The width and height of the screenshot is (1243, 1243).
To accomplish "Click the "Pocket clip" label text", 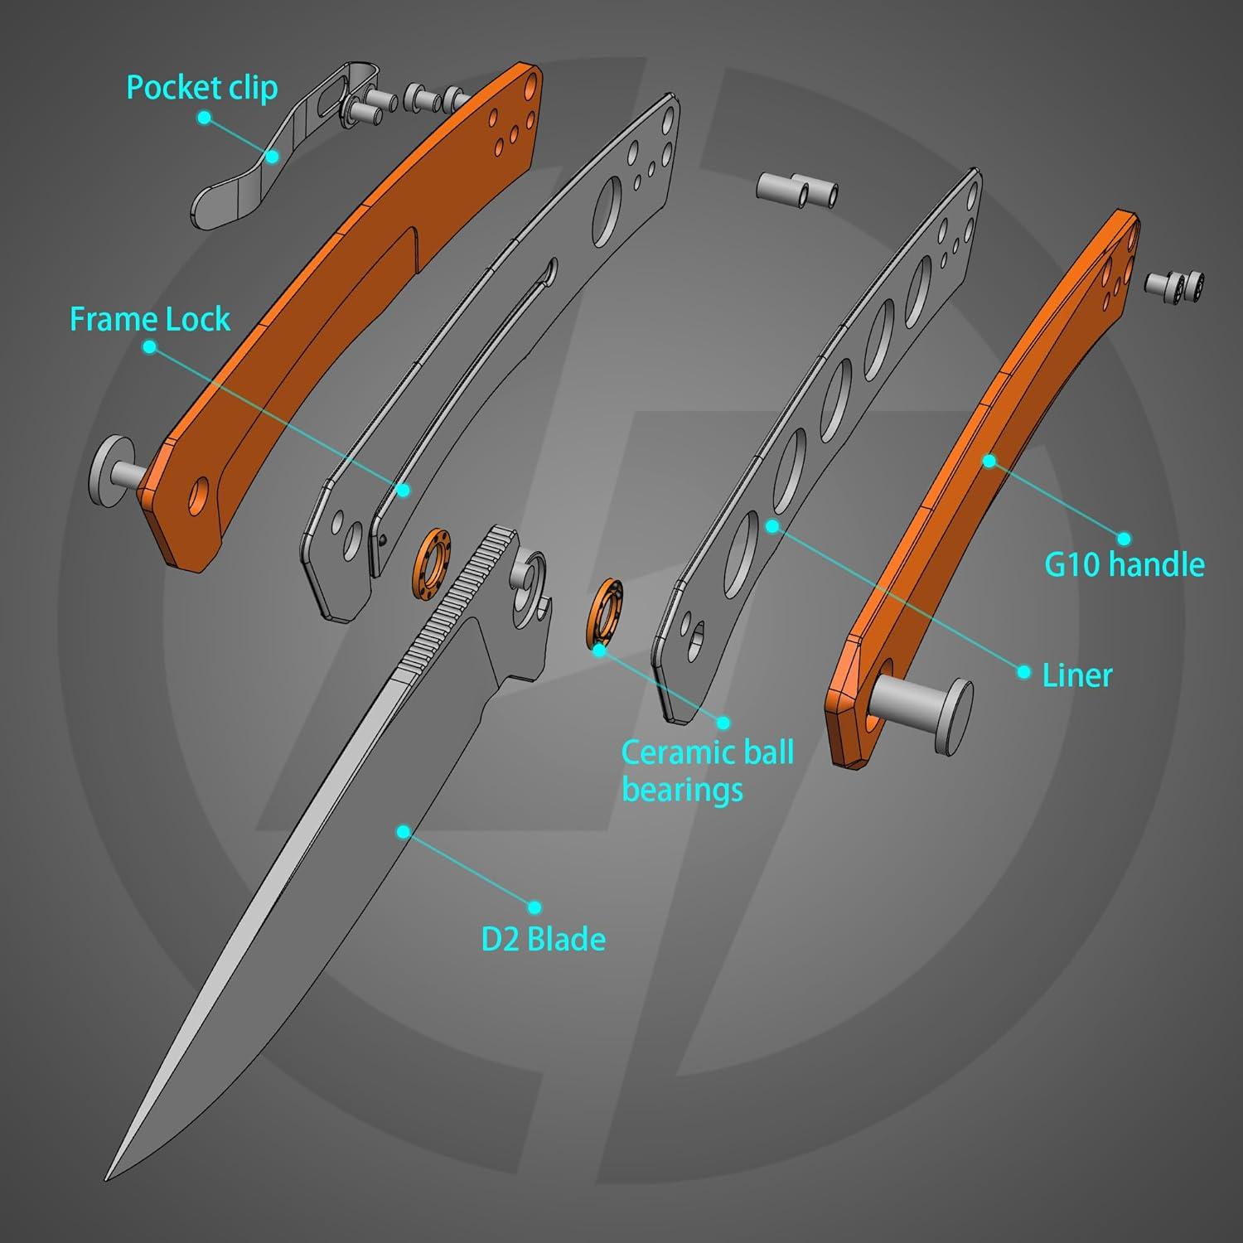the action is pyautogui.click(x=201, y=88).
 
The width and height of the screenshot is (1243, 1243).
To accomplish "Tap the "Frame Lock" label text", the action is pyautogui.click(x=150, y=319).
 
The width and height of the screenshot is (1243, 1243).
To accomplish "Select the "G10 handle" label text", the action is pyautogui.click(x=1124, y=564).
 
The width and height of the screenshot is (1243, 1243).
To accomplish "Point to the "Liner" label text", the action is pyautogui.click(x=1076, y=675).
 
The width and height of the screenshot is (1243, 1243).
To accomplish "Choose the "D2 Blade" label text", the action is pyautogui.click(x=543, y=940).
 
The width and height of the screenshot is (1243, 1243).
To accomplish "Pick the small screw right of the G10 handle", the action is pyautogui.click(x=1175, y=283).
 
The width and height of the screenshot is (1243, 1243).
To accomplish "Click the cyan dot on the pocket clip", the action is pyautogui.click(x=273, y=155).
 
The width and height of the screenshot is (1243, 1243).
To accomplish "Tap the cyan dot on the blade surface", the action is pyautogui.click(x=404, y=831).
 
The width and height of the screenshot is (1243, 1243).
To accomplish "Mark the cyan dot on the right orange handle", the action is pyautogui.click(x=989, y=461).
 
